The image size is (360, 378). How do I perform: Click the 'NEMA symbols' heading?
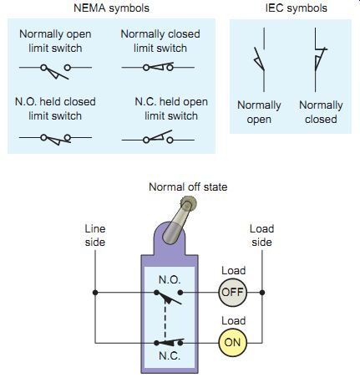tap(111, 8)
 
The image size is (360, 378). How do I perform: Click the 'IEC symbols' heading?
tap(297, 8)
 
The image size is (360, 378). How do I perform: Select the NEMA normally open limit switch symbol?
tap(55, 70)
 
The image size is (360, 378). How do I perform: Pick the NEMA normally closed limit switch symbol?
tap(158, 67)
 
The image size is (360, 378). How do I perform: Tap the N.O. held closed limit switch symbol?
tap(55, 139)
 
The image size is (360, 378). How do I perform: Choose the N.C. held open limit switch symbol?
tap(158, 137)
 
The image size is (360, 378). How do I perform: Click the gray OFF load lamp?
tap(233, 293)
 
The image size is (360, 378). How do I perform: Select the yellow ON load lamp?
tap(233, 343)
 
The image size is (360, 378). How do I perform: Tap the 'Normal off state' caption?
tap(188, 186)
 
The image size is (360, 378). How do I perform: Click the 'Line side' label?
tap(95, 235)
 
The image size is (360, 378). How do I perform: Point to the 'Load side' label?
tap(261, 235)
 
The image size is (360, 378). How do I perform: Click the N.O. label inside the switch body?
tap(170, 279)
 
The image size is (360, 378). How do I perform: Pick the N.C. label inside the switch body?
tap(170, 356)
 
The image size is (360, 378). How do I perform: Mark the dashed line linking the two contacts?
tap(165, 320)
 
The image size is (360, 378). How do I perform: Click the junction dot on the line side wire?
tap(95, 293)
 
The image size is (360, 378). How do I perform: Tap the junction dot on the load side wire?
tap(262, 293)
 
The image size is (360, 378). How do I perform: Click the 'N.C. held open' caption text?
tap(171, 102)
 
